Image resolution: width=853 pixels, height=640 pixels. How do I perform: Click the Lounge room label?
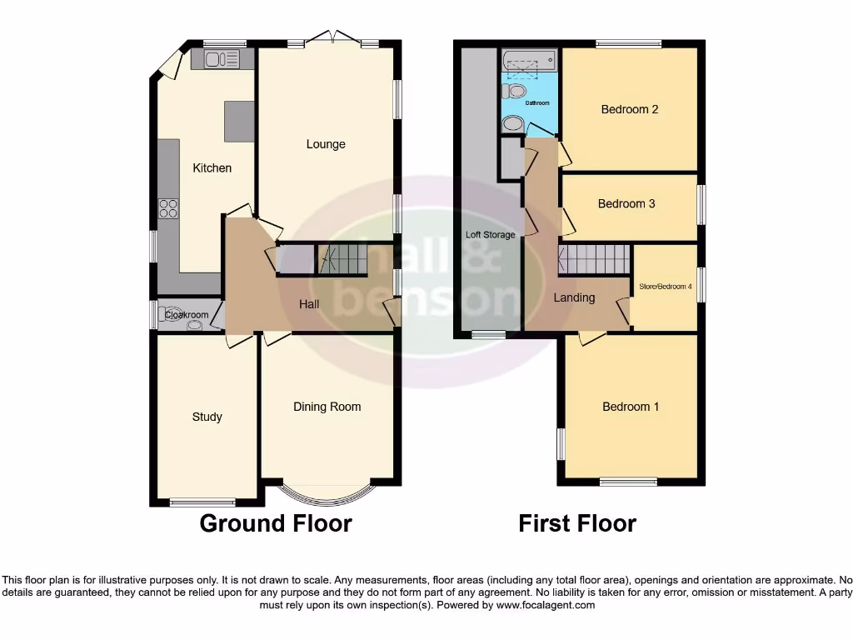326,144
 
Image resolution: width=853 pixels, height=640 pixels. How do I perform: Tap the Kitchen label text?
212,168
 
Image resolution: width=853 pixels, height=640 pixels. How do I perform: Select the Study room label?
207,417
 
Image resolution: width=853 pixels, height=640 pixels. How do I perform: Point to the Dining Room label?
327,407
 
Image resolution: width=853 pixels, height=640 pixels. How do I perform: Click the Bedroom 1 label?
631,407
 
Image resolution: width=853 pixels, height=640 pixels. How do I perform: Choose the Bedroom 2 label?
630,109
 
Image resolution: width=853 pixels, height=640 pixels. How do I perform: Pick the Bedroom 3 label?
626,204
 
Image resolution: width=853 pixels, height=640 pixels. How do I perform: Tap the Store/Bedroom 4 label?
665,287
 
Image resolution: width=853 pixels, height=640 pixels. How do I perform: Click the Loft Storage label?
490,235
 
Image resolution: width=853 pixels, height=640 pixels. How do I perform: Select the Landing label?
574,297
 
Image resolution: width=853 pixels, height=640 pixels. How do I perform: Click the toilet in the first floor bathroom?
515,90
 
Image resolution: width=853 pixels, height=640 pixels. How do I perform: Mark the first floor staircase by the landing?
593,259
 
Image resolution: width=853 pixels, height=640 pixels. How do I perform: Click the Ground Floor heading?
276,523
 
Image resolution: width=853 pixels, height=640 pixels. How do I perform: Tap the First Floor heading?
577,523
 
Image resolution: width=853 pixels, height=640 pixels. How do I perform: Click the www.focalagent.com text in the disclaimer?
546,605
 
